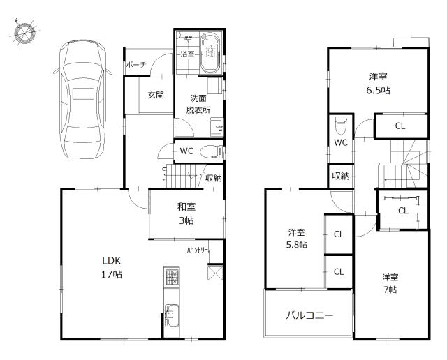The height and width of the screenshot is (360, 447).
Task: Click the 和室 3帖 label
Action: pos(186,213)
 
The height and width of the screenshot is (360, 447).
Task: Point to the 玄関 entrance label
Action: pos(155,96)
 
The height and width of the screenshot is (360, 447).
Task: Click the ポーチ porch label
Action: pos(135,65)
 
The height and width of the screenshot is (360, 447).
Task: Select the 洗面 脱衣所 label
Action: pos(198,104)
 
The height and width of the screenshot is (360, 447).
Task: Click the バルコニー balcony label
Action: pos(309,315)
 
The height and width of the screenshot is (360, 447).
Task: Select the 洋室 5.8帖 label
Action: pos(297,239)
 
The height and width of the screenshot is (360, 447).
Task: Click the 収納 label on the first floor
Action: pos(213,178)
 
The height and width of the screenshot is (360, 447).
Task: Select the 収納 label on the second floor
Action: pos(341,176)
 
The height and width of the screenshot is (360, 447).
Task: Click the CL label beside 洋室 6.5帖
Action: pos(400,126)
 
